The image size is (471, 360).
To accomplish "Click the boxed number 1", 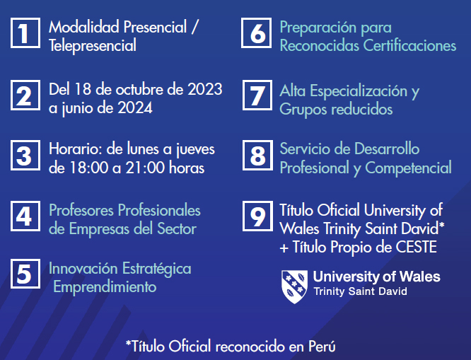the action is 25,33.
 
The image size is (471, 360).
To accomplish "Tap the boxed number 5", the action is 25,274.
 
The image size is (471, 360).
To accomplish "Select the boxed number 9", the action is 257,216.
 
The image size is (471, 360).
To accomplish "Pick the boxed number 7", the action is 257,95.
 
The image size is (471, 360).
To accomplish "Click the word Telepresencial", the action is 93,46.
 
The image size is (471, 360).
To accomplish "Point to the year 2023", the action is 205,89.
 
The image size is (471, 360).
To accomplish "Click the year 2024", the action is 135,108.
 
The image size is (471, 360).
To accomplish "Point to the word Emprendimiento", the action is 105,286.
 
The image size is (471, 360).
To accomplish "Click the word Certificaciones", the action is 409,46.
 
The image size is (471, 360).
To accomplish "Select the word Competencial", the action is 409,168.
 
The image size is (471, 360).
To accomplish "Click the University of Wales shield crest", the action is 294,286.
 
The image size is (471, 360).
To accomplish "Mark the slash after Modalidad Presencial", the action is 194,28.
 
